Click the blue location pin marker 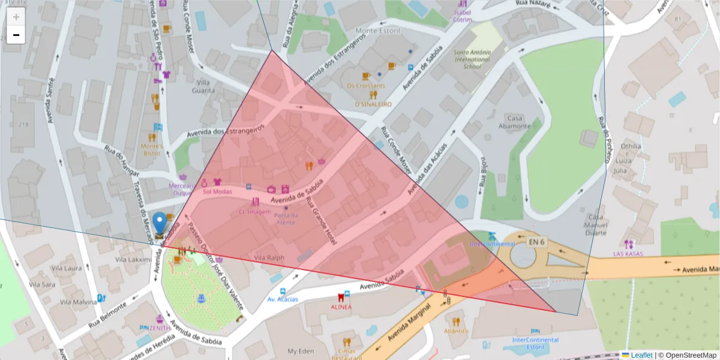pos(159,223)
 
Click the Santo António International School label pos(472,59)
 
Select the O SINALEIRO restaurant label pos(373,104)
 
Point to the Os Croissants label pos(366,85)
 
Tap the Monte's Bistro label pos(152,149)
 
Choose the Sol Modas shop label pos(217,191)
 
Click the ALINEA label pos(341,307)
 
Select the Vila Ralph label pos(269,257)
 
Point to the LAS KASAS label pos(628,254)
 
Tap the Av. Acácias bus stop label pos(283,299)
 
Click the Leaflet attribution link pos(641,355)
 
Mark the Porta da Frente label pos(285,218)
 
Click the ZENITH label pos(159,328)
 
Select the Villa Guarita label pos(203,86)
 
